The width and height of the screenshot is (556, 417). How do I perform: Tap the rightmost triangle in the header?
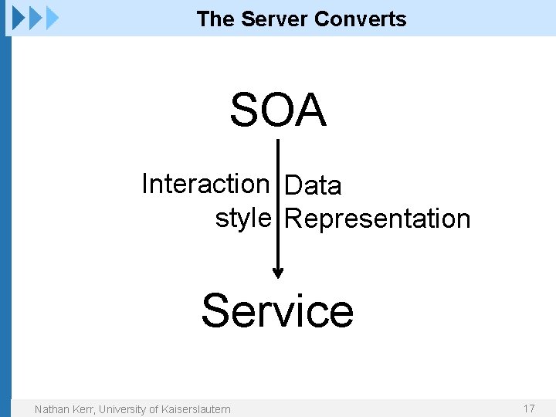click(53, 17)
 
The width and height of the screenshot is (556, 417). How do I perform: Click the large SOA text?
click(278, 110)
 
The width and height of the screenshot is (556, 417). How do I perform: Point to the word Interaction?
click(205, 184)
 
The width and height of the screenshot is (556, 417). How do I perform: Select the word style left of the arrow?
click(242, 219)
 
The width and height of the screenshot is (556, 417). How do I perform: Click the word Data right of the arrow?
click(313, 185)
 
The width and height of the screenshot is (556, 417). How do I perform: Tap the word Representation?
click(378, 219)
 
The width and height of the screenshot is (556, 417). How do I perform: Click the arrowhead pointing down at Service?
click(278, 272)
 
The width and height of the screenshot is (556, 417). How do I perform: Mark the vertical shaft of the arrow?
click(278, 201)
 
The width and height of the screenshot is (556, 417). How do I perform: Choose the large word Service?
click(277, 310)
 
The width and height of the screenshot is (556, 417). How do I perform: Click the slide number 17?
click(529, 409)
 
